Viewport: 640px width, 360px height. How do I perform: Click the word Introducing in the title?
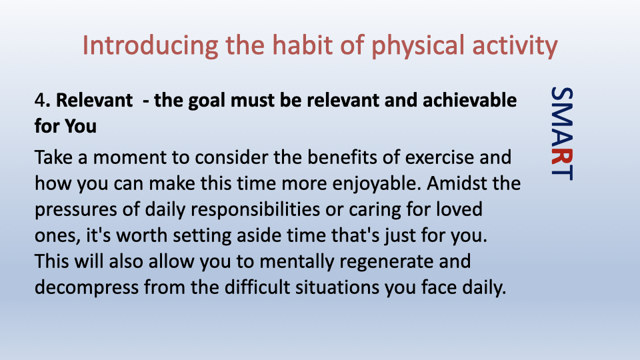(150, 46)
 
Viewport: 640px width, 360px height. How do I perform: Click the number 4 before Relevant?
(39, 101)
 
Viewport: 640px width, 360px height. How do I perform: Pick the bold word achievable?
(469, 100)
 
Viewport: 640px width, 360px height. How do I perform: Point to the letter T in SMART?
(562, 172)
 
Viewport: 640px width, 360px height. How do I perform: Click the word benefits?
(342, 157)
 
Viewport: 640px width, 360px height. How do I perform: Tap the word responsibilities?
(255, 210)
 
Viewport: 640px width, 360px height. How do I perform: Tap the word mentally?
(297, 262)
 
